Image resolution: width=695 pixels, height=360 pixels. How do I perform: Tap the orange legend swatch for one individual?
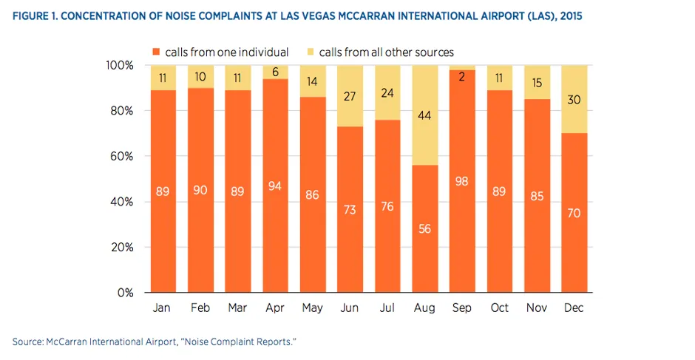pyautogui.click(x=156, y=52)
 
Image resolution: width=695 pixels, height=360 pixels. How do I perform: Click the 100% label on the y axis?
pyautogui.click(x=118, y=66)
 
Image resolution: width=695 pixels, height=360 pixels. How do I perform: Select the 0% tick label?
pyautogui.click(x=124, y=293)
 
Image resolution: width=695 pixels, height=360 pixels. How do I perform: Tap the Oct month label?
pyautogui.click(x=499, y=308)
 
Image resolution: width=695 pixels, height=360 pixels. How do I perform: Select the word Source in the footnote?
pyautogui.click(x=26, y=341)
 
